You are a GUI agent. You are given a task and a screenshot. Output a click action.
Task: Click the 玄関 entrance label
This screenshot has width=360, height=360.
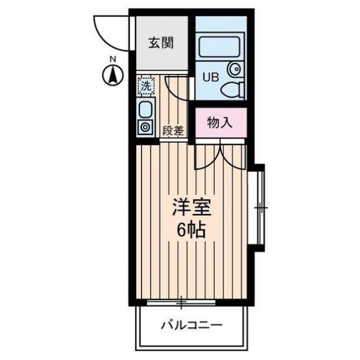tap(161, 43)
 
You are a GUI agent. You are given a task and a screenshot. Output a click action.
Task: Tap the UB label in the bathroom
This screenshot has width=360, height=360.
tap(211, 77)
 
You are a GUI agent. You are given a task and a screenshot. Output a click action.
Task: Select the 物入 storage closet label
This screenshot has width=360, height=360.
tap(220, 123)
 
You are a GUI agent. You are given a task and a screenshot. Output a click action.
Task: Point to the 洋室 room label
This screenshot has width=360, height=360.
tap(192, 207)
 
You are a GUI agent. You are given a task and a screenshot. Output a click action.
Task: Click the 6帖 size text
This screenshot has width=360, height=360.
tap(191, 230)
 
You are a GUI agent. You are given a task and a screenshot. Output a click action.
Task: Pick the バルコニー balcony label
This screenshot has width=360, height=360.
tap(192, 325)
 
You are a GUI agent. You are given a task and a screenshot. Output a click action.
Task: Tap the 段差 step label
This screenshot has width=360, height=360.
tap(173, 131)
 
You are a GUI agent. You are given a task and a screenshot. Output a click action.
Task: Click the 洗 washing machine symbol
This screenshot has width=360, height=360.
tap(146, 86)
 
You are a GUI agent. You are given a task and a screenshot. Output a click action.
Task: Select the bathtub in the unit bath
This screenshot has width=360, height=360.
tap(219, 47)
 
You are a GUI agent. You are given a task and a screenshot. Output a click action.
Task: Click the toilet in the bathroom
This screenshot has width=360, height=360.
tap(232, 90)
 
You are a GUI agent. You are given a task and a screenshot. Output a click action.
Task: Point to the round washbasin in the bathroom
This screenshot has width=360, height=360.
tap(234, 68)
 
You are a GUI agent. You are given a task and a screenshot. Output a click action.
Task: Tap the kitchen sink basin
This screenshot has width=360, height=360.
tap(145, 110)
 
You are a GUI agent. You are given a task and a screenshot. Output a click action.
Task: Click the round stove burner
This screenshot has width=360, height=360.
tap(145, 127)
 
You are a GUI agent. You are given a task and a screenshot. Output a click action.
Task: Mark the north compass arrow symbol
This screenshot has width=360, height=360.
tap(113, 75)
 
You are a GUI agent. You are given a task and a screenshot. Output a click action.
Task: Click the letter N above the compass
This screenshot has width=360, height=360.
tap(113, 59)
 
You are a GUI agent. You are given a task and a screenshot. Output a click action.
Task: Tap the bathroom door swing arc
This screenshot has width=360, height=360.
tap(172, 92)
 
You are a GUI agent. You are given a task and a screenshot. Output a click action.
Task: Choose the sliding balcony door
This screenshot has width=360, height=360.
tap(181, 303)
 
